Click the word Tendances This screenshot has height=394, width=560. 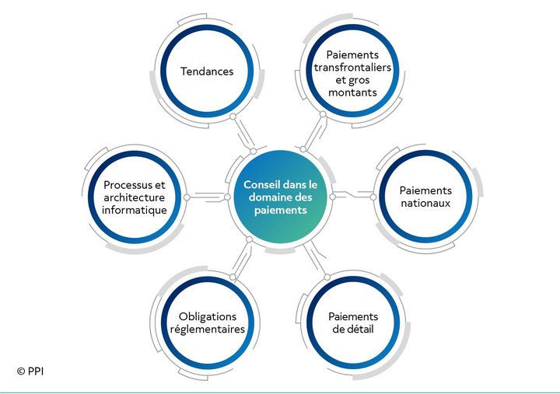click(x=207, y=71)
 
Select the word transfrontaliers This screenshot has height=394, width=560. click(x=352, y=68)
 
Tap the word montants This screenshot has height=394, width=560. click(x=352, y=92)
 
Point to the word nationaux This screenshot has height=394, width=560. click(x=425, y=204)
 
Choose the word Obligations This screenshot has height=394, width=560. click(x=208, y=317)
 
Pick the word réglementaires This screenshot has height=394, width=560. click(x=208, y=329)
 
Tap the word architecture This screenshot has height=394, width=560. click(x=135, y=197)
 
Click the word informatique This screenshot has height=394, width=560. click(x=135, y=210)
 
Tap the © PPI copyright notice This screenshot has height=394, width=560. click(x=30, y=371)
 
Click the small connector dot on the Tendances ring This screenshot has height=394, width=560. click(x=233, y=117)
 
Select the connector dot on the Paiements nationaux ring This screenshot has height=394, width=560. click(x=373, y=197)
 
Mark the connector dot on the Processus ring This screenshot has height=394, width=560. click(x=187, y=197)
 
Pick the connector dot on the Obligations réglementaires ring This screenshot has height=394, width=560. click(x=233, y=277)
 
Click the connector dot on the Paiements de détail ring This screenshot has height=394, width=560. click(x=327, y=277)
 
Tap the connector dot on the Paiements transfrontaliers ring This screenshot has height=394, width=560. click(x=323, y=114)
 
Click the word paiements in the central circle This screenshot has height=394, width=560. click(x=280, y=210)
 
